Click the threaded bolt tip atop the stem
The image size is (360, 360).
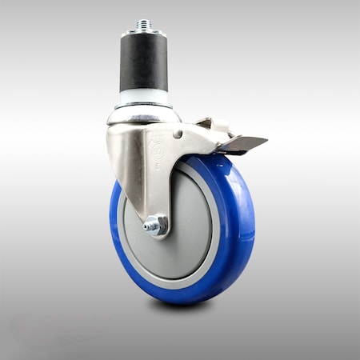144,25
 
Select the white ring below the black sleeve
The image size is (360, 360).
144,101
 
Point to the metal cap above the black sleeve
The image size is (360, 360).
144,35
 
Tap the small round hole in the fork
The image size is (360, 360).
178,133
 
